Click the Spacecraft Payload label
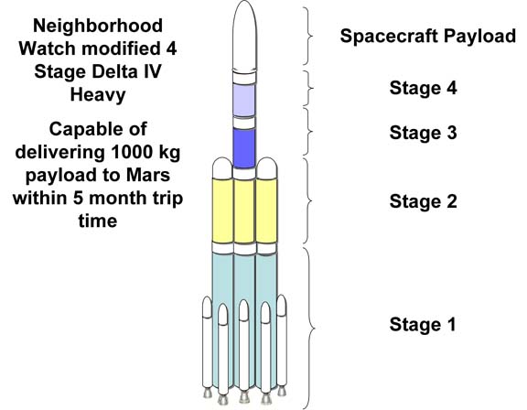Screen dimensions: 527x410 428,36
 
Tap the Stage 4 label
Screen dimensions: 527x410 423,88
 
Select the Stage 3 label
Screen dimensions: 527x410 423,133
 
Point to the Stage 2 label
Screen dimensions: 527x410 423,201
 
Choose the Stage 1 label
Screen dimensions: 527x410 423,324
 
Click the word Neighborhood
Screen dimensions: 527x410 98,26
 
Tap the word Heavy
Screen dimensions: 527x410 98,95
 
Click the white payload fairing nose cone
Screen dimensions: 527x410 244,37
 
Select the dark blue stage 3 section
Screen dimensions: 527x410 244,148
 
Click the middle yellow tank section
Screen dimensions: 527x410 244,211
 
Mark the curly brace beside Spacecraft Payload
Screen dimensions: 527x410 308,36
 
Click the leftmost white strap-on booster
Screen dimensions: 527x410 207,343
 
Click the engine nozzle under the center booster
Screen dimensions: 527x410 244,396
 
